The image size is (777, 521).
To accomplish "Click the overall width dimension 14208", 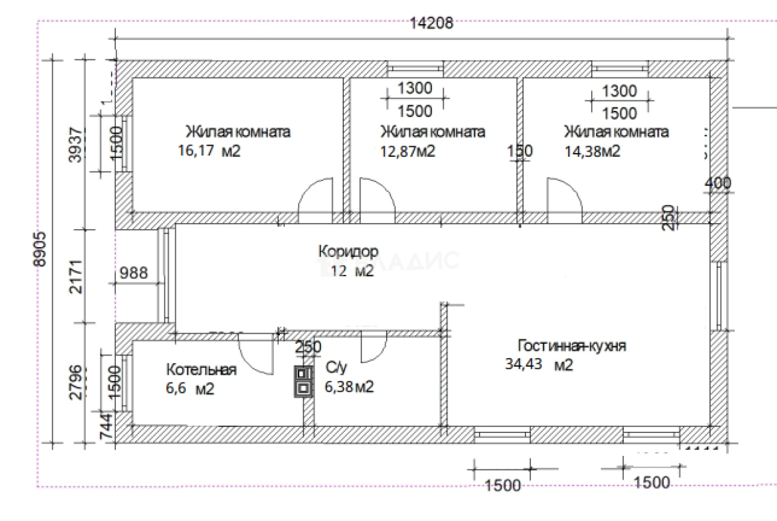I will [432, 24].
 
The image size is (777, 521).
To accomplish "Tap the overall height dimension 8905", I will [41, 250].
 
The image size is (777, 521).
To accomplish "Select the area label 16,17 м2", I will [208, 151].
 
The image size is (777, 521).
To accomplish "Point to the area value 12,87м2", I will [408, 151].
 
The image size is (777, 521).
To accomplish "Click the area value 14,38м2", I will [592, 151].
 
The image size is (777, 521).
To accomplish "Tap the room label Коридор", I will [348, 252].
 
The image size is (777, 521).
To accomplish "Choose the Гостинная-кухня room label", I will [572, 346].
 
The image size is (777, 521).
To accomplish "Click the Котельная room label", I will [201, 370].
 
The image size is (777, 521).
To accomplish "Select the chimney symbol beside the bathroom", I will [303, 381].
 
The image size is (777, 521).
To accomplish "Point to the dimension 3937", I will [76, 144].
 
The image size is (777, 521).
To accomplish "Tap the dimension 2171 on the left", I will [76, 277].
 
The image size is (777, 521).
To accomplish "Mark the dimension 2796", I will [76, 382].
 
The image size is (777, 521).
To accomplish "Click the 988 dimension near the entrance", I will [133, 273].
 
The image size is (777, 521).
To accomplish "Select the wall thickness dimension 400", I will [718, 183].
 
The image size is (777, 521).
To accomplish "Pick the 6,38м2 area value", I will [349, 387].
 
